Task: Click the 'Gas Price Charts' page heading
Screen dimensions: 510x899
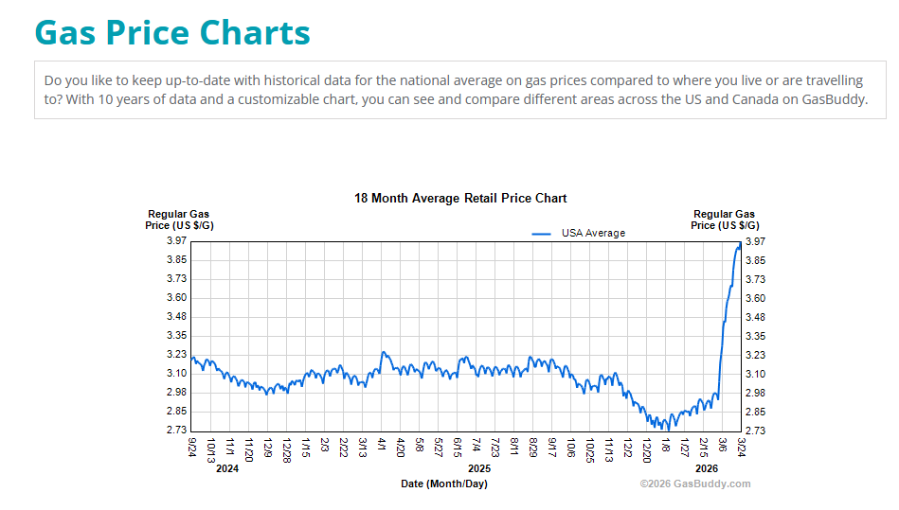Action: (172, 32)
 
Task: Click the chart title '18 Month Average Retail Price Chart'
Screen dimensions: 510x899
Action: (460, 198)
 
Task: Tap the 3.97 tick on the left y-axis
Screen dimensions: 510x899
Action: (176, 241)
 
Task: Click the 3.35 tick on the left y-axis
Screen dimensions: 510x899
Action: (176, 336)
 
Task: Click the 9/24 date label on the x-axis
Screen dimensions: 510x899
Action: (192, 446)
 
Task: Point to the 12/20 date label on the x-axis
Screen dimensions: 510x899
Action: (647, 448)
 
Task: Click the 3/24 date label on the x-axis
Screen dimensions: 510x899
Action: (741, 446)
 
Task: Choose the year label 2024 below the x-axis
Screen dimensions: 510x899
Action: (227, 468)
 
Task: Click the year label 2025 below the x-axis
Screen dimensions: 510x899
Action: (479, 468)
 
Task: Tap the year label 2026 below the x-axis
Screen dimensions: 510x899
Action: (707, 468)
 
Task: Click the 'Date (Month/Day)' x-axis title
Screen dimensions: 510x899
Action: (444, 484)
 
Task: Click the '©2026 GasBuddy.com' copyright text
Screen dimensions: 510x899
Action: (694, 484)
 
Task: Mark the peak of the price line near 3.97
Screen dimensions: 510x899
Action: (739, 244)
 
